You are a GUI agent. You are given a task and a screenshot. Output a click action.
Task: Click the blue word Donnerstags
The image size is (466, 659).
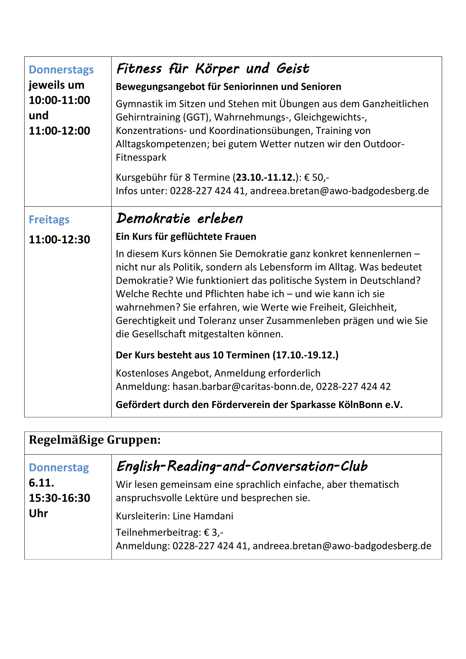[61, 70]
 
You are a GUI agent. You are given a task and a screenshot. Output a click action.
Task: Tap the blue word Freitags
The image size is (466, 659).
[49, 220]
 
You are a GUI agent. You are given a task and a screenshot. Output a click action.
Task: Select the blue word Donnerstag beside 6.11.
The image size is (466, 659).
[59, 468]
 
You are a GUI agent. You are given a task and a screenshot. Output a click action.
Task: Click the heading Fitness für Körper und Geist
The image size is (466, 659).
[213, 69]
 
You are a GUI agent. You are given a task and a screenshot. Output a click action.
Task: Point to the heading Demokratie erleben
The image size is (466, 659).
[179, 218]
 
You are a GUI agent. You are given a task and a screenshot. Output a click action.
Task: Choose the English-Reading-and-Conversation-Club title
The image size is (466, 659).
[242, 466]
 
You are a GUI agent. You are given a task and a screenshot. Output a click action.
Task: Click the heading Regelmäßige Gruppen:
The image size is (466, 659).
[95, 440]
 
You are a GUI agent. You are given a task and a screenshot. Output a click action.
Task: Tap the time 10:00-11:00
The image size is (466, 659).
[60, 100]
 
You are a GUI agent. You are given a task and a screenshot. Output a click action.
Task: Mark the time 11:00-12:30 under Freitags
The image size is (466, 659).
[60, 240]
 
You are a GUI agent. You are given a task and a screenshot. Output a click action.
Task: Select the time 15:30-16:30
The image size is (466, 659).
[60, 498]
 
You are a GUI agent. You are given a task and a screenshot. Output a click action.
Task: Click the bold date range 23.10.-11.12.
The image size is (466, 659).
[265, 178]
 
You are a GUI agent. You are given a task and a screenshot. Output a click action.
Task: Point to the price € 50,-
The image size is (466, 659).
[316, 178]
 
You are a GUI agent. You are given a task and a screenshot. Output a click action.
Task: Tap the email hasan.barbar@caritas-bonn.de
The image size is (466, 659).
[242, 387]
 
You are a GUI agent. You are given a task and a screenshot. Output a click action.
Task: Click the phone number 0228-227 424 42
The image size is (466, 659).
[353, 387]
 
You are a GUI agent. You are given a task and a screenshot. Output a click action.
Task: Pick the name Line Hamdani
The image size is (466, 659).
[203, 516]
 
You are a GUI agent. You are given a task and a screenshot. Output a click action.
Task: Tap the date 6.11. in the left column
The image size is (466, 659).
[42, 483]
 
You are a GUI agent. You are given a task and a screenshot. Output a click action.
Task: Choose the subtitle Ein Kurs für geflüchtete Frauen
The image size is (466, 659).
[186, 237]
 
